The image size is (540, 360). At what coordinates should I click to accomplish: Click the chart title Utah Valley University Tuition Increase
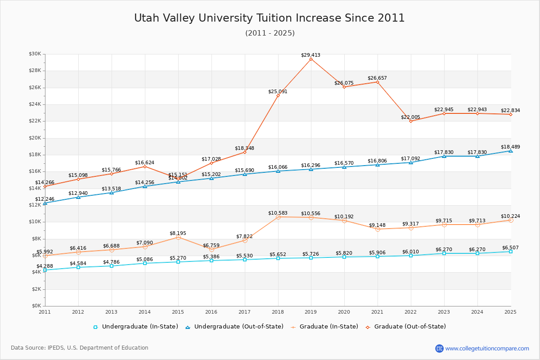coord(269,18)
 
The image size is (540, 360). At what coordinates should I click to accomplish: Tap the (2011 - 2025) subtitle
coord(270,33)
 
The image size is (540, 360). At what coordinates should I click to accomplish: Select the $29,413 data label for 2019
coord(310,55)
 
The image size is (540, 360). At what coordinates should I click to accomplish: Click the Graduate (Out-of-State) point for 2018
coord(278,95)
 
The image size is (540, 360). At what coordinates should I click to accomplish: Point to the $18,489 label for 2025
coord(510,147)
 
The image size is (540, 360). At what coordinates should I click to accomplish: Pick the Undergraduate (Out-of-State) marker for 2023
coord(444,156)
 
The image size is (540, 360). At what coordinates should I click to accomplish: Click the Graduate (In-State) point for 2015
coord(178,237)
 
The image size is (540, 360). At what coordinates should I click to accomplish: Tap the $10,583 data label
coord(278,213)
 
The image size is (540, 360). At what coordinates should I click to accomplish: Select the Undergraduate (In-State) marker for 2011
coord(45,270)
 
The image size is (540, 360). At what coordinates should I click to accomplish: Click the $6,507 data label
coord(510,247)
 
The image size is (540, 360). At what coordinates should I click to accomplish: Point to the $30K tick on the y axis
coord(35,54)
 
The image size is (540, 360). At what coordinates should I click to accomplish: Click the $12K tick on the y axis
coord(35,205)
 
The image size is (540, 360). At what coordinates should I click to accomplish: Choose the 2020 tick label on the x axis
coord(344,311)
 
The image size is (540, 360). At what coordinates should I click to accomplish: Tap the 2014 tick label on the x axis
coord(145,311)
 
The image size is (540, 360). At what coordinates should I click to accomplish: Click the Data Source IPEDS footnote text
coord(80,348)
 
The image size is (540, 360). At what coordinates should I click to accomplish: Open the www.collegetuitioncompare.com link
coord(487,348)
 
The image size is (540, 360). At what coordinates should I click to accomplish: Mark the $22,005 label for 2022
coord(410,117)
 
